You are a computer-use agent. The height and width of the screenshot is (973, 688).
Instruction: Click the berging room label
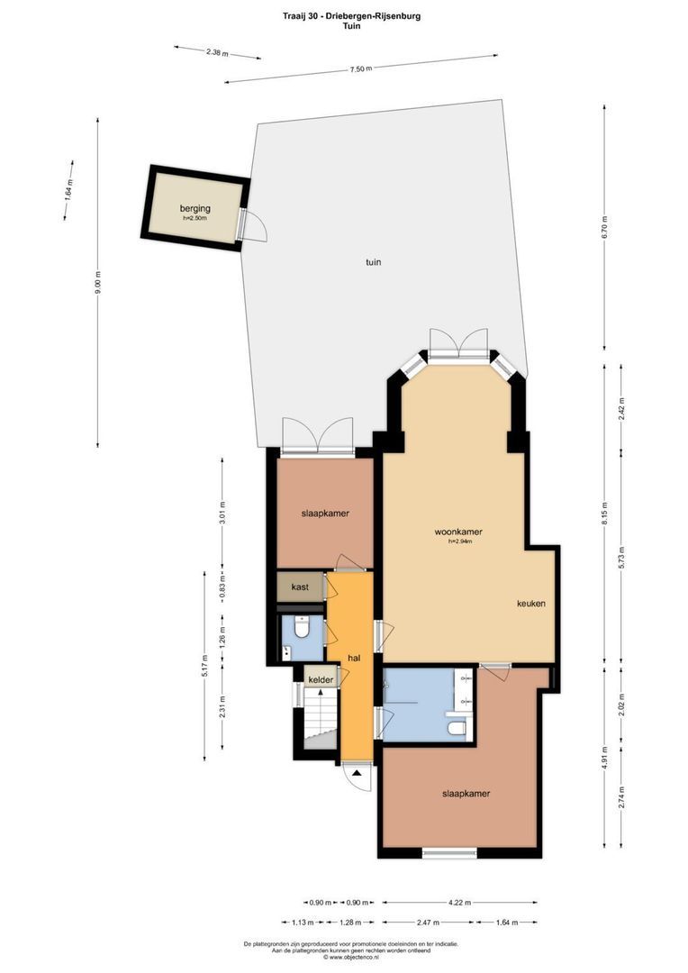[195, 208]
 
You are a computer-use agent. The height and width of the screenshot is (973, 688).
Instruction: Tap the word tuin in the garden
[373, 263]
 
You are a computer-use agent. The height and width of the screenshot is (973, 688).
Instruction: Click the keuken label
[531, 604]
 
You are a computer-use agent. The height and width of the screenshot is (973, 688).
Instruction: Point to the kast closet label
[301, 587]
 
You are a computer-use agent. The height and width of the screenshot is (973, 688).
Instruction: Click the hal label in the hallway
[354, 659]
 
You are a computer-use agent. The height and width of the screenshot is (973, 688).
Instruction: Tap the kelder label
[321, 679]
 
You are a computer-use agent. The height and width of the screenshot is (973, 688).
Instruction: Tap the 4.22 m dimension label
[458, 902]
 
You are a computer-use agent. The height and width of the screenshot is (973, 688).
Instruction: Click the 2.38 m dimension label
[217, 52]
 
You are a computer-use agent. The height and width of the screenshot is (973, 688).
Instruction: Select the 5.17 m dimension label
[204, 665]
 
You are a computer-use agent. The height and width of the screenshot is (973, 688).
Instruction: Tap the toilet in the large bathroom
[457, 727]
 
